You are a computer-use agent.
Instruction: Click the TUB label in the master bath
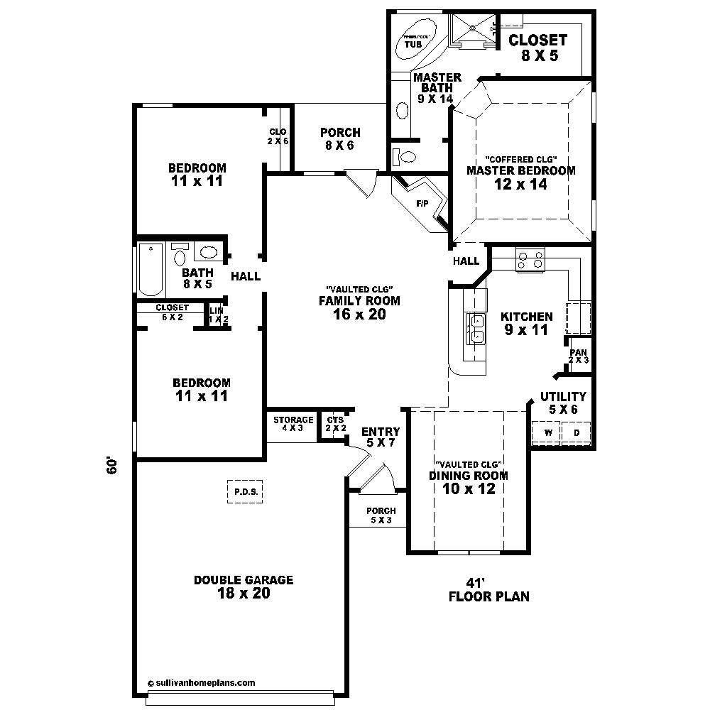pyautogui.click(x=413, y=44)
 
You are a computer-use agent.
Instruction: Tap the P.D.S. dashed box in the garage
pyautogui.click(x=245, y=491)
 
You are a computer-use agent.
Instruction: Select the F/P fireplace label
pyautogui.click(x=422, y=204)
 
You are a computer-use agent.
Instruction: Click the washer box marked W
pyautogui.click(x=547, y=432)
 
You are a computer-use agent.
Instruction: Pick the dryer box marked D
pyautogui.click(x=576, y=432)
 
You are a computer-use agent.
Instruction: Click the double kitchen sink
pyautogui.click(x=475, y=328)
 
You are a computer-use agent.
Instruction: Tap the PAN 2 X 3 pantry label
pyautogui.click(x=578, y=356)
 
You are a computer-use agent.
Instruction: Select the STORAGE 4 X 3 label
pyautogui.click(x=293, y=424)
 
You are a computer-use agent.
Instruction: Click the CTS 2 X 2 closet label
pyautogui.click(x=335, y=424)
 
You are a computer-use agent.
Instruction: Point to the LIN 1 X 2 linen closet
pyautogui.click(x=217, y=315)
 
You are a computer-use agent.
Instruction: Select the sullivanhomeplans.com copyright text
pyautogui.click(x=202, y=682)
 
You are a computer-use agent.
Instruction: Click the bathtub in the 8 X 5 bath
pyautogui.click(x=151, y=270)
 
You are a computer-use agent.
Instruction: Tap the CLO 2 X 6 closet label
pyautogui.click(x=278, y=136)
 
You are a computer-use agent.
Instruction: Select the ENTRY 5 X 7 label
pyautogui.click(x=381, y=437)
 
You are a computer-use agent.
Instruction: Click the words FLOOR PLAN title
pyautogui.click(x=488, y=596)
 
